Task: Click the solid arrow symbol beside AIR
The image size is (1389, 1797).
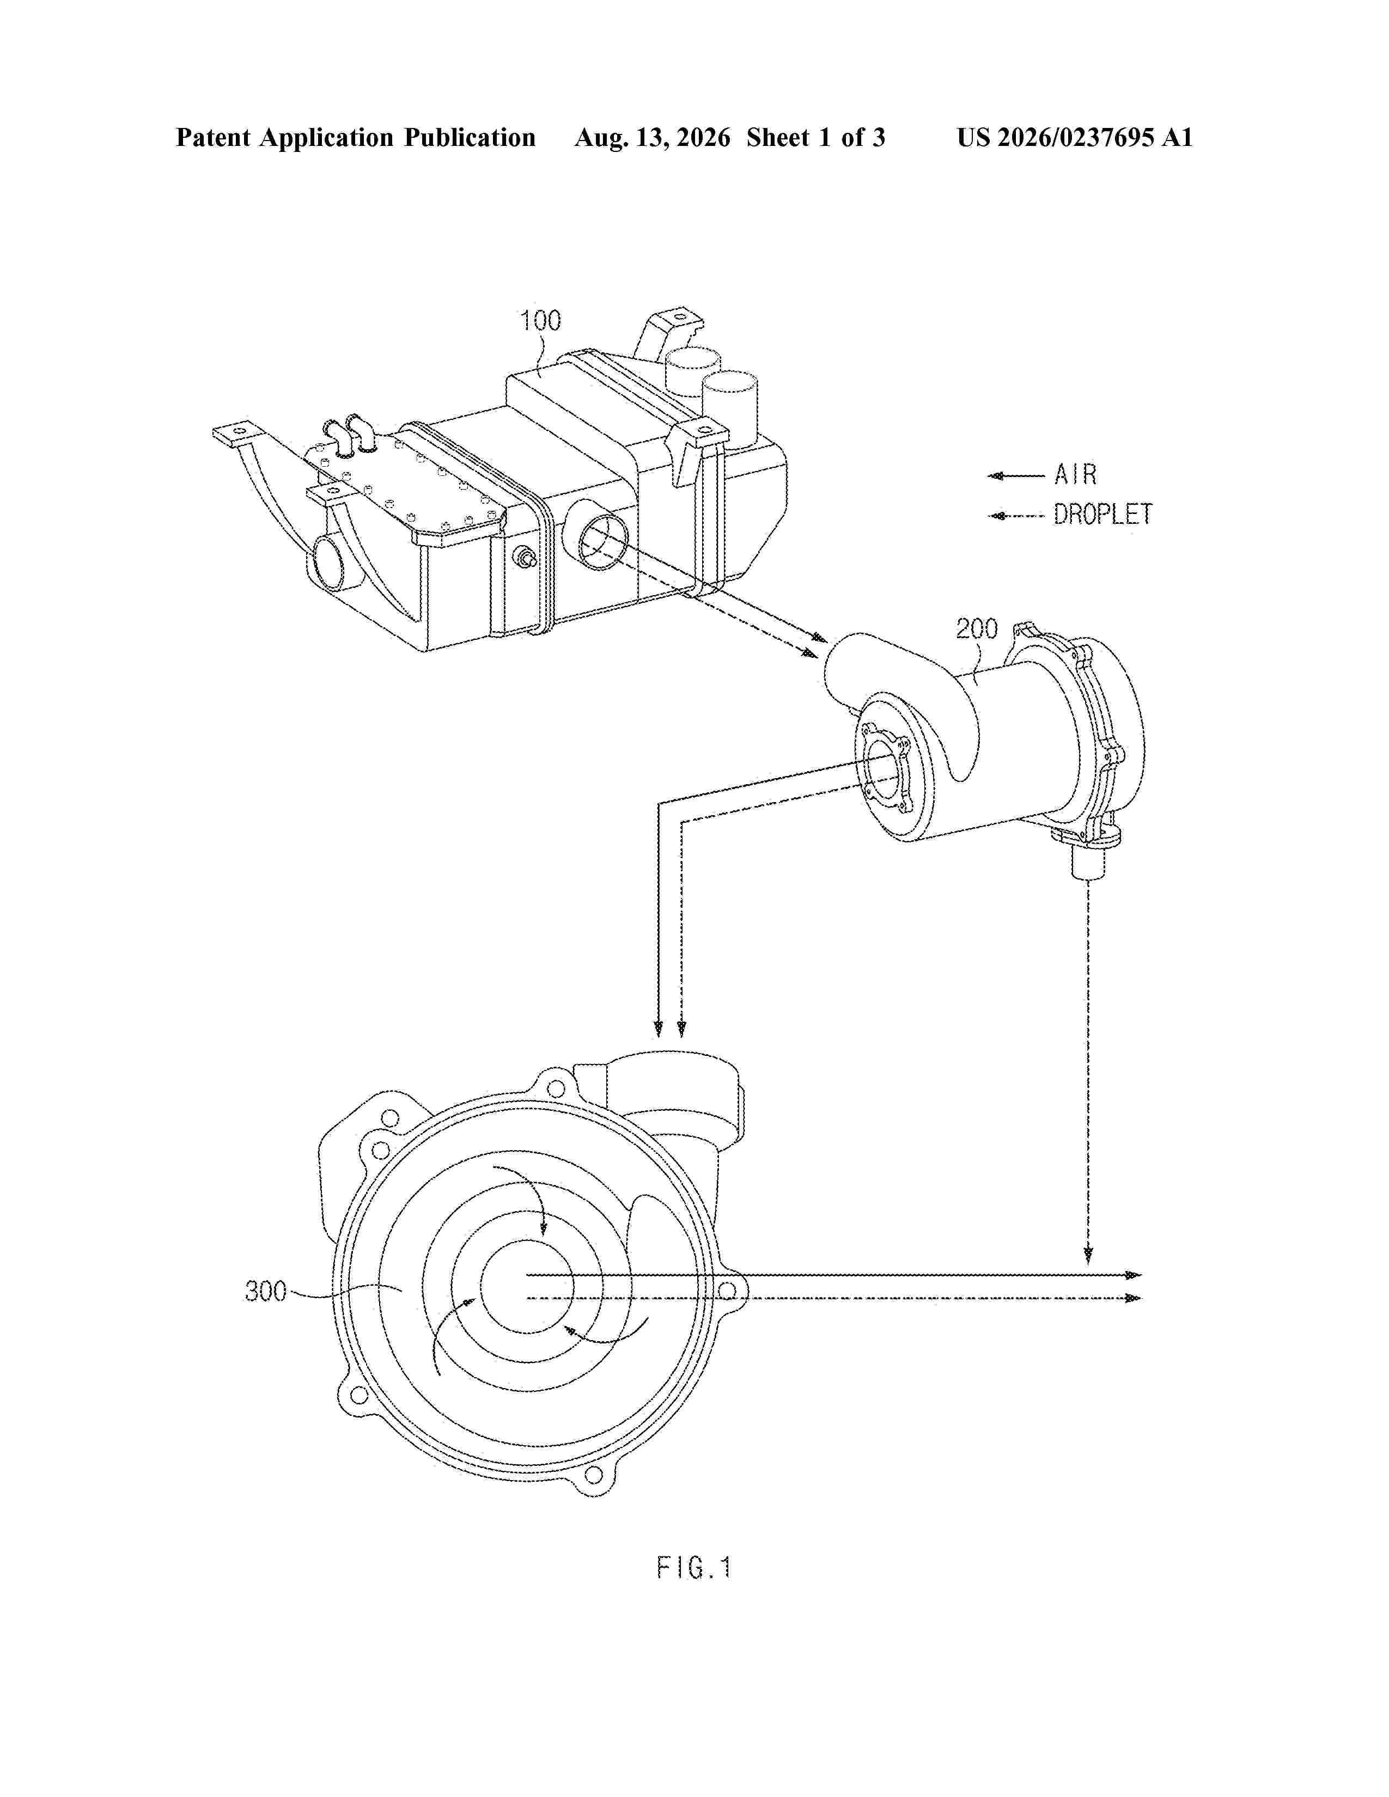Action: (1016, 475)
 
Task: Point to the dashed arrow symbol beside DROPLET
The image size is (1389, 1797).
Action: (1016, 516)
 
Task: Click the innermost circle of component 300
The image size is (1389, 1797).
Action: (522, 1288)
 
